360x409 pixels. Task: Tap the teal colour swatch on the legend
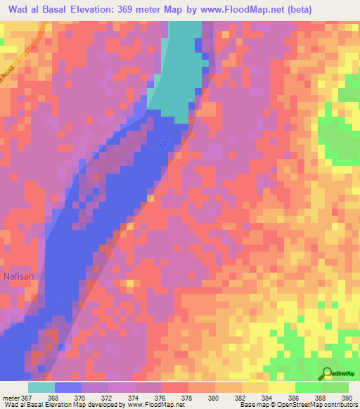click(41, 387)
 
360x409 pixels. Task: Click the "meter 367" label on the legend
click(15, 397)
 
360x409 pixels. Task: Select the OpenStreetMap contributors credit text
click(316, 405)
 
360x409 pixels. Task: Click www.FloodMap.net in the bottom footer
click(151, 405)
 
